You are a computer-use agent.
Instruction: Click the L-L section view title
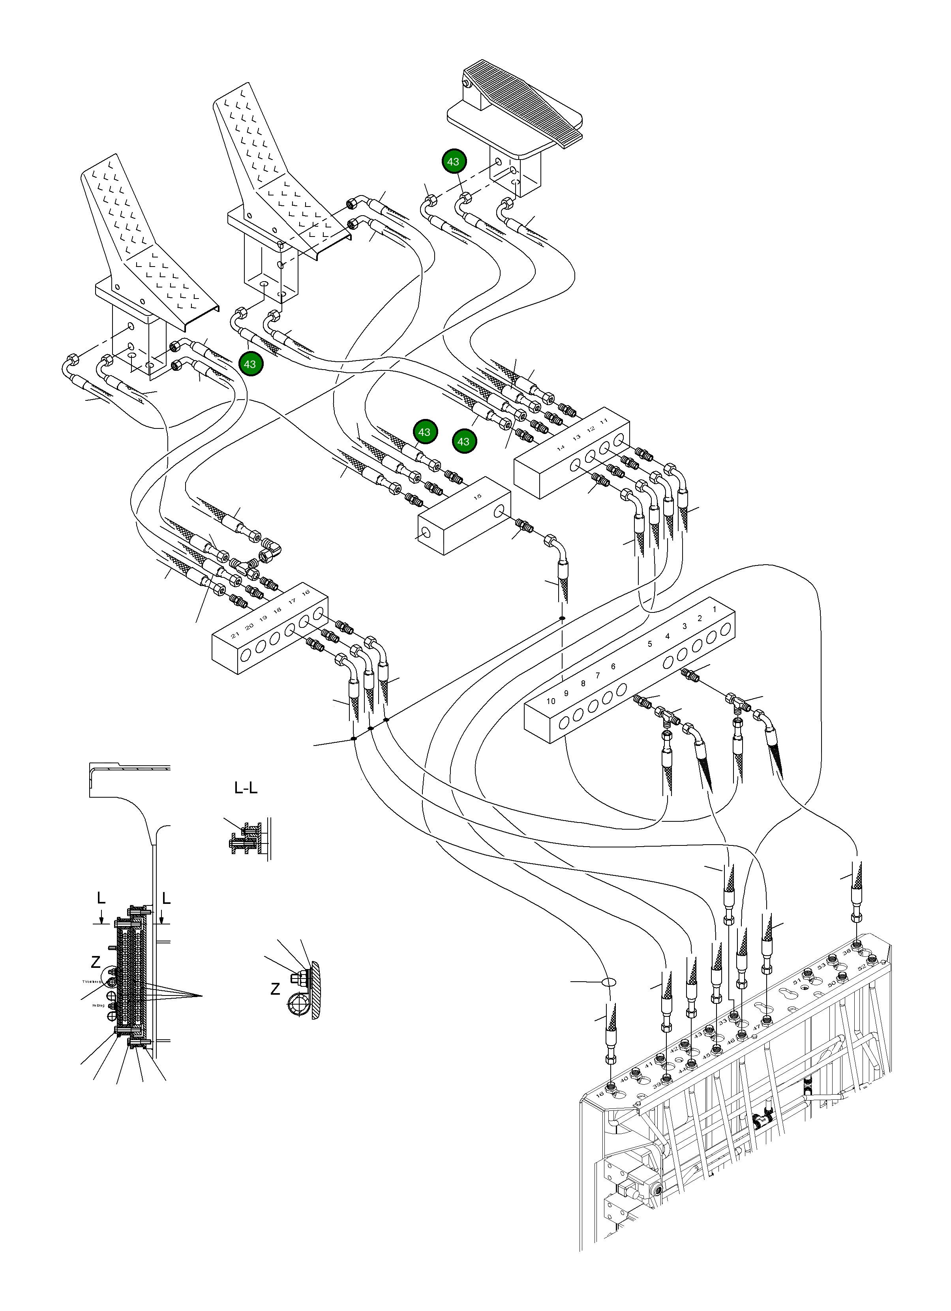point(246,788)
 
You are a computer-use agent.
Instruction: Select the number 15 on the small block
point(477,496)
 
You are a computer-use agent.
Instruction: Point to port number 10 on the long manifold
point(551,701)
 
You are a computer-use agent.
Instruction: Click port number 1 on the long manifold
point(715,609)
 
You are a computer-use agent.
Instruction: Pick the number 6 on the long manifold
point(613,667)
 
